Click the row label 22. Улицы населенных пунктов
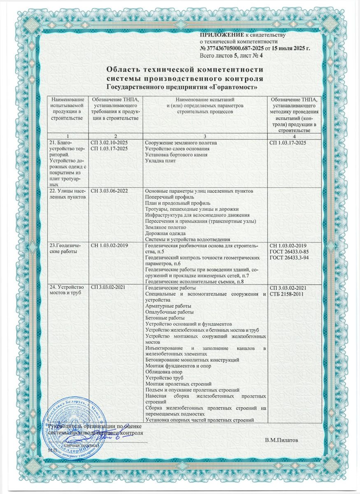coord(67,195)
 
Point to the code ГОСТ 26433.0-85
coord(291,252)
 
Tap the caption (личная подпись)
coord(81,445)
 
